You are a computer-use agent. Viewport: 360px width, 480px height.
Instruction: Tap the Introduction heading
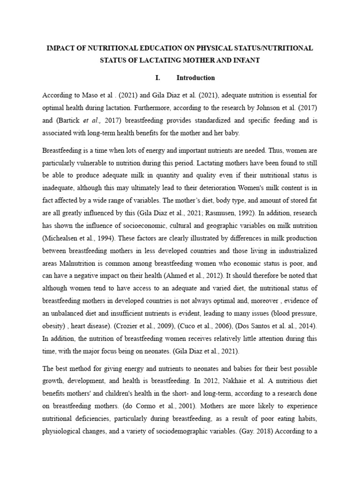pyautogui.click(x=195, y=78)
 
